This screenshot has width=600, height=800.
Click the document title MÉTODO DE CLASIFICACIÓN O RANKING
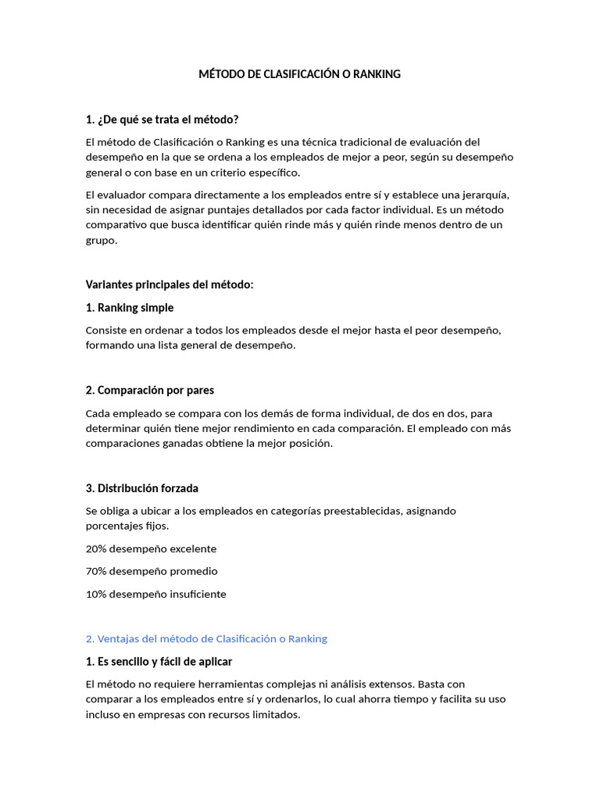coord(299,74)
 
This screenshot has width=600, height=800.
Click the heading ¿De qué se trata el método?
coord(162,119)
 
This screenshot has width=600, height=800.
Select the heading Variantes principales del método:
coord(170,284)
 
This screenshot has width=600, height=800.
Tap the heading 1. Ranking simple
coord(130,307)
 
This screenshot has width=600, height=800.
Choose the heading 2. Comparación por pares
coord(150,390)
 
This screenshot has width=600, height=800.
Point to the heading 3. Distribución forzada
coord(142,488)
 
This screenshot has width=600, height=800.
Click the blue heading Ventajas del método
coord(206,638)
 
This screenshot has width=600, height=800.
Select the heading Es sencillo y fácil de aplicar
coord(159,662)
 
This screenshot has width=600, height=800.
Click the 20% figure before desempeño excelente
coord(96,549)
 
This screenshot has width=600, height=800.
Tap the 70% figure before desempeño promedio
coord(96,571)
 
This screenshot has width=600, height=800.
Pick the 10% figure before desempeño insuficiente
coord(96,594)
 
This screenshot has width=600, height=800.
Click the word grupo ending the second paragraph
coord(100,240)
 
